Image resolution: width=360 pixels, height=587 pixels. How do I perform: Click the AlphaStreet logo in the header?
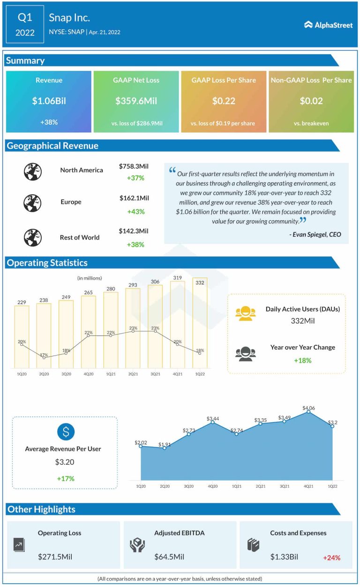[329, 25]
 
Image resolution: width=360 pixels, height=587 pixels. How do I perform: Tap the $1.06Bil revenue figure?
[49, 101]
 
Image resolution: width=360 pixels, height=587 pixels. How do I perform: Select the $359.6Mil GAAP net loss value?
[136, 101]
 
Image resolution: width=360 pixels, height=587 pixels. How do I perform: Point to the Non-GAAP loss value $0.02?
[311, 101]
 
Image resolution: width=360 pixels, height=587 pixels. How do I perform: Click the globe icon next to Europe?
[33, 203]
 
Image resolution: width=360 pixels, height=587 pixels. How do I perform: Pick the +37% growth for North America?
[135, 178]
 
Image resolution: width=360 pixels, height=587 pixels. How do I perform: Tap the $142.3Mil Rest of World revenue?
[134, 231]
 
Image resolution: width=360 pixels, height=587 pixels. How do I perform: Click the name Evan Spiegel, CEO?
[315, 234]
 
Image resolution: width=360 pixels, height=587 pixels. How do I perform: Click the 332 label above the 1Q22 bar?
[200, 282]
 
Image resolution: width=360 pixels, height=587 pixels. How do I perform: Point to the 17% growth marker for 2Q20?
[44, 357]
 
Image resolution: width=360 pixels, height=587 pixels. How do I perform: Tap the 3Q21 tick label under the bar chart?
[155, 374]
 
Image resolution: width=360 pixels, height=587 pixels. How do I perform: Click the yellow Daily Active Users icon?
[246, 314]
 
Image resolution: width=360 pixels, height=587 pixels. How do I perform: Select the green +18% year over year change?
[302, 360]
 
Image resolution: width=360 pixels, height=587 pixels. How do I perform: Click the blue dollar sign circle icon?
[66, 431]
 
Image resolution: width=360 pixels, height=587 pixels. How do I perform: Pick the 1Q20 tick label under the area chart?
[140, 486]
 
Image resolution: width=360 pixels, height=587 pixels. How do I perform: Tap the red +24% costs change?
[331, 557]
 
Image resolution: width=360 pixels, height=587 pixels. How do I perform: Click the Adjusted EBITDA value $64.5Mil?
[169, 557]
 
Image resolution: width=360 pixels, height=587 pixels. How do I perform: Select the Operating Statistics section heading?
[47, 263]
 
